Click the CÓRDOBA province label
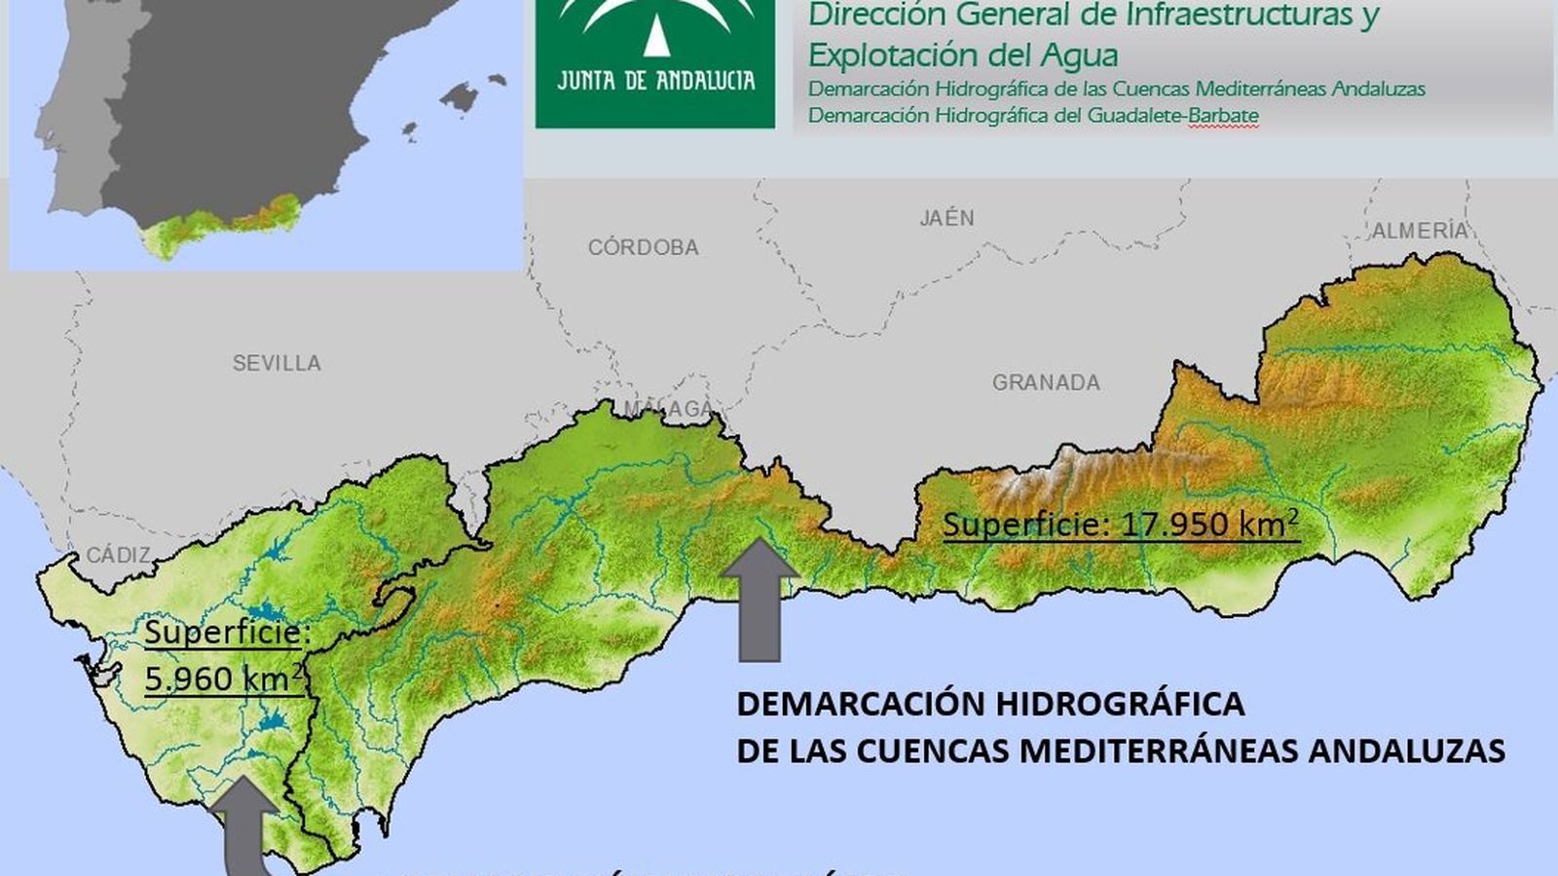[643, 247]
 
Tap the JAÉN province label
[946, 218]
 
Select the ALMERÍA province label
[1419, 231]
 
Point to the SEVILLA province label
[277, 363]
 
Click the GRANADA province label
[1046, 383]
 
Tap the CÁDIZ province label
[119, 555]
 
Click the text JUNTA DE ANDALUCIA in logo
[655, 80]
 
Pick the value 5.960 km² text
[222, 678]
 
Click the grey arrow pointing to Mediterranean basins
[759, 599]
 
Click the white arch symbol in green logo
[655, 24]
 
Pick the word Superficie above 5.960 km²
[227, 634]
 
